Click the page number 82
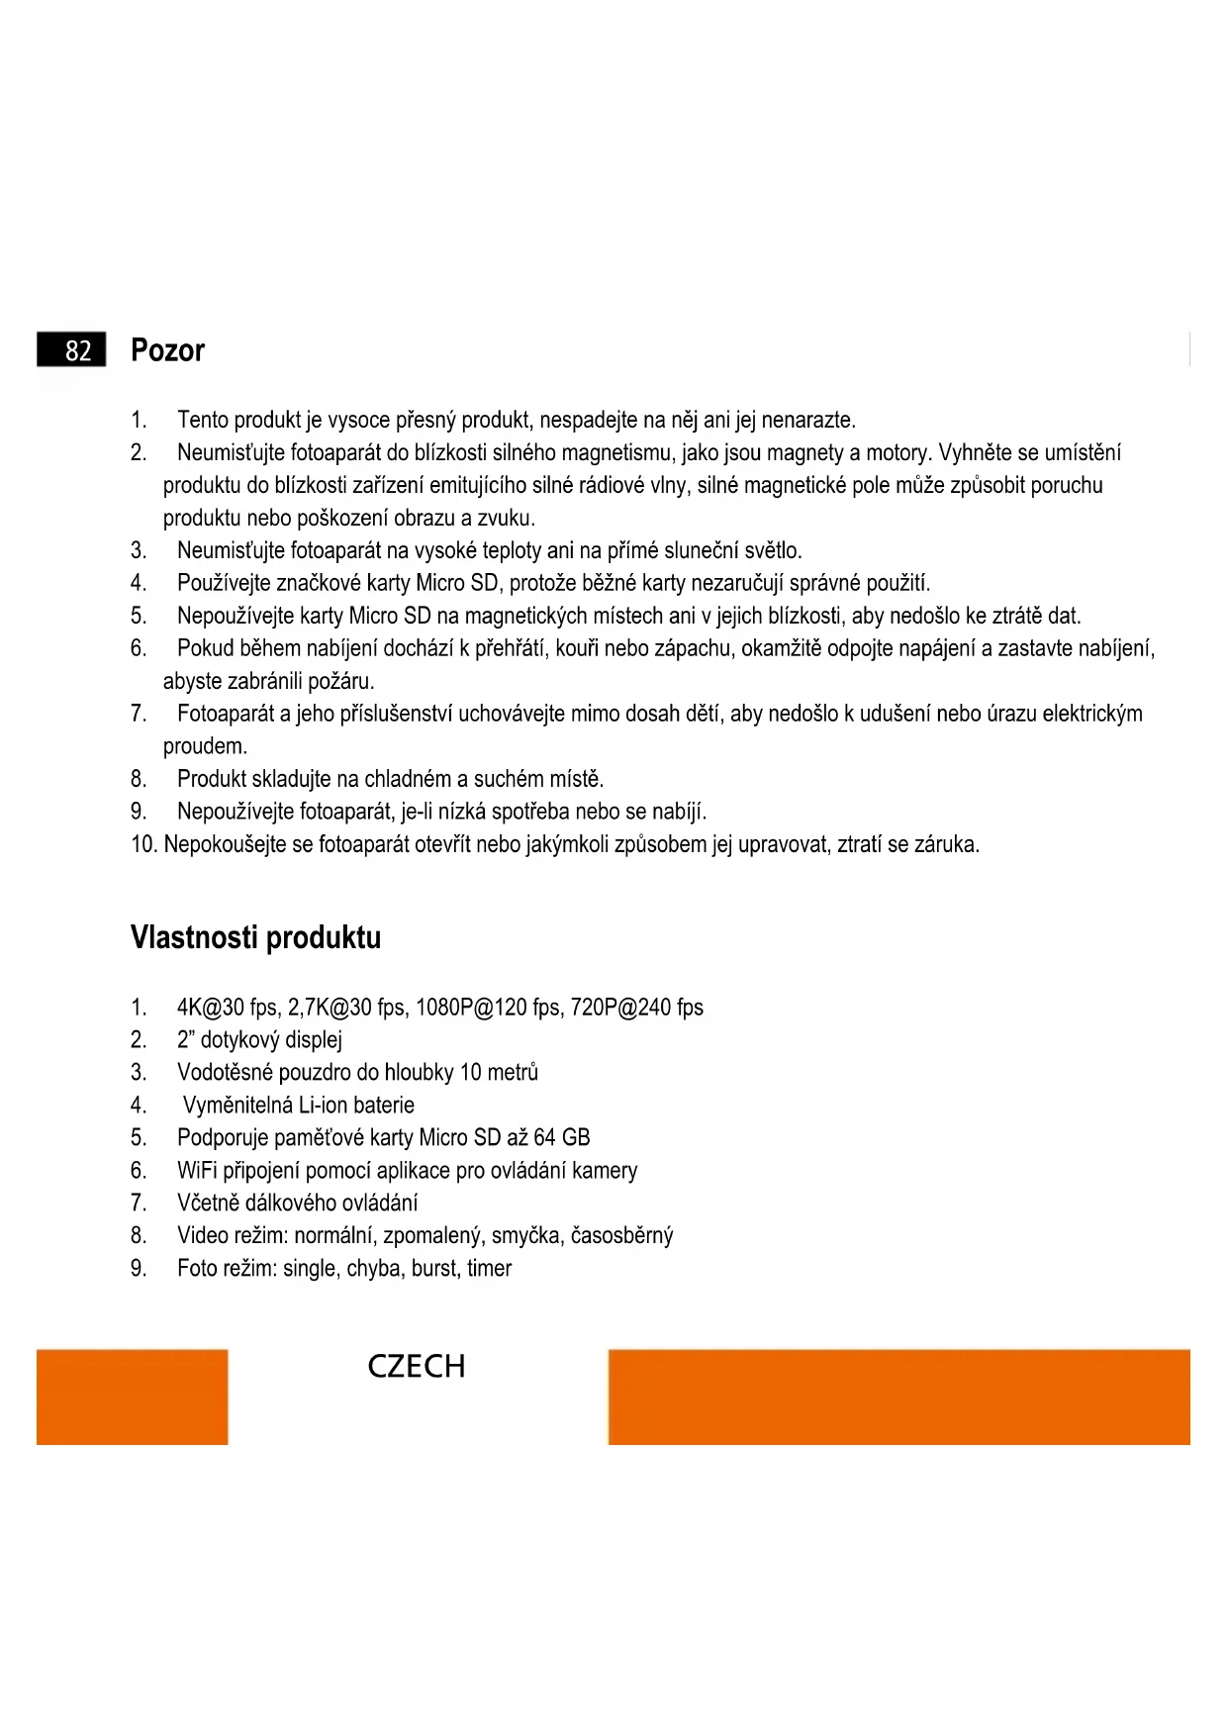tap(77, 350)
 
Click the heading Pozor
tap(167, 350)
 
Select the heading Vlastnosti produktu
tap(255, 936)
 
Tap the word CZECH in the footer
tap(416, 1366)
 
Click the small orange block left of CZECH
tap(132, 1397)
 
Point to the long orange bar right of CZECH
tap(898, 1397)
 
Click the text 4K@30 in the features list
tap(210, 1008)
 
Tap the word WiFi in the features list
tap(197, 1171)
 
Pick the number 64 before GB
tap(544, 1138)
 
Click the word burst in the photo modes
tap(434, 1269)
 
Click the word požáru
tap(340, 682)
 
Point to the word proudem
tap(205, 747)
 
